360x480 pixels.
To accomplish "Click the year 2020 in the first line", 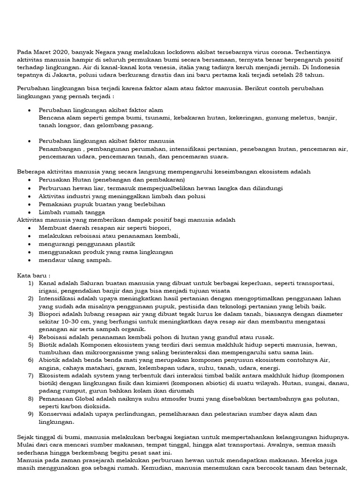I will (x=60, y=52).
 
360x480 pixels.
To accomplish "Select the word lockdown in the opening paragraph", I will (x=170, y=52).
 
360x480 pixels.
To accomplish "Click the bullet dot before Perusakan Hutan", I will (x=30, y=180).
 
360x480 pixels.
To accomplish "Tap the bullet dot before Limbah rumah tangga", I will (x=30, y=212).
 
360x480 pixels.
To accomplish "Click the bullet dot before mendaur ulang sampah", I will (x=30, y=260).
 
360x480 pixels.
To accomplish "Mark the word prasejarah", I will (x=99, y=460).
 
